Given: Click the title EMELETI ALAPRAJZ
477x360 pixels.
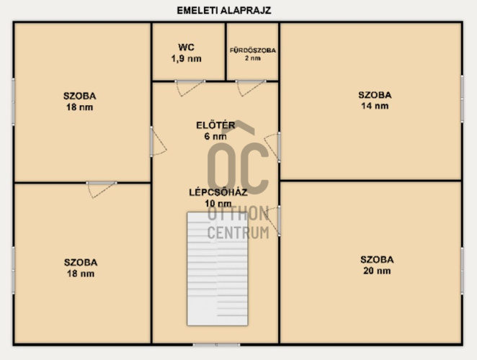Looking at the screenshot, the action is click(224, 11).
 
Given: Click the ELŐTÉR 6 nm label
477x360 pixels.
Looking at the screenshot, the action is click(215, 130).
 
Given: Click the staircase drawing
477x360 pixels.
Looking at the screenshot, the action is click(218, 269).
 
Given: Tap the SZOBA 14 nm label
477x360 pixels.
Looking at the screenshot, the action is click(375, 100).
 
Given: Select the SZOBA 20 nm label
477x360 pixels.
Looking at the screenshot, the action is click(377, 265).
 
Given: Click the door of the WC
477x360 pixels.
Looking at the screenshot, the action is click(190, 88).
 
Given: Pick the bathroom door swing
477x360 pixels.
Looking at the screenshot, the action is click(251, 88).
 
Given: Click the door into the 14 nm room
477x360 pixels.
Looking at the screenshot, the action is click(272, 147).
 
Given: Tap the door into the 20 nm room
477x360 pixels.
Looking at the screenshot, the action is click(272, 221).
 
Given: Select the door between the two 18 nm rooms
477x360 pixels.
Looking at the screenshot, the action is click(102, 190).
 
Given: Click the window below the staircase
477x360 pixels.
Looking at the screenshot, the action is click(216, 345).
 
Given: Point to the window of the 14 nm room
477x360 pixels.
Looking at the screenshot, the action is click(462, 99).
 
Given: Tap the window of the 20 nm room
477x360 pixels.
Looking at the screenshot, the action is click(462, 271).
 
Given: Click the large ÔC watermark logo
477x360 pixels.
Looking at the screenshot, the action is click(239, 157).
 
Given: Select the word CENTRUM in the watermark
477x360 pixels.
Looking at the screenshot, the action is click(239, 233).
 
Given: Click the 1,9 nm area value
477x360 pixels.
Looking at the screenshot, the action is click(186, 58).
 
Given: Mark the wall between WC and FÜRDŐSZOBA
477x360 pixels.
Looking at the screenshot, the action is click(226, 52).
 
